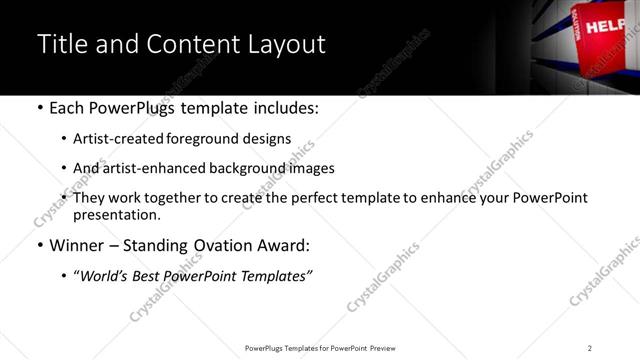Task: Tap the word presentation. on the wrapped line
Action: [x=116, y=214]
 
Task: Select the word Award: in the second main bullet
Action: [x=284, y=244]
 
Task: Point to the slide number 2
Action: [x=590, y=347]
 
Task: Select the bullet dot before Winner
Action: [x=39, y=244]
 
